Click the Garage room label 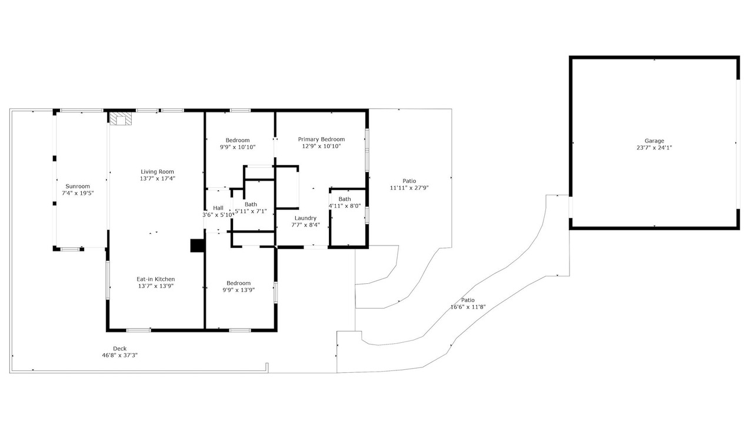(x=654, y=141)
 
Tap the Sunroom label (x=78, y=187)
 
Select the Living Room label (x=157, y=172)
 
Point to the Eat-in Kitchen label (x=156, y=279)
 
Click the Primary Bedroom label (x=321, y=140)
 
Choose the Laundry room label (x=305, y=218)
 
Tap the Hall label (x=218, y=208)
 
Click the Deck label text (x=119, y=349)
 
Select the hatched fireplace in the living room (x=121, y=119)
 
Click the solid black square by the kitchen (x=197, y=246)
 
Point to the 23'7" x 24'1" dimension (x=654, y=148)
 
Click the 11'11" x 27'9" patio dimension (x=409, y=188)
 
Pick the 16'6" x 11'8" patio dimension (x=468, y=307)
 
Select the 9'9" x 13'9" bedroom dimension (x=239, y=290)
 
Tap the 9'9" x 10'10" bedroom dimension (x=238, y=147)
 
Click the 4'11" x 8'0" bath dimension (x=345, y=206)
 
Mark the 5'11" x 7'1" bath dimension (x=251, y=211)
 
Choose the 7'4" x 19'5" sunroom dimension (x=78, y=193)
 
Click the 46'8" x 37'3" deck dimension (x=119, y=355)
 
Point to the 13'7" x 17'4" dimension (x=158, y=178)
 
